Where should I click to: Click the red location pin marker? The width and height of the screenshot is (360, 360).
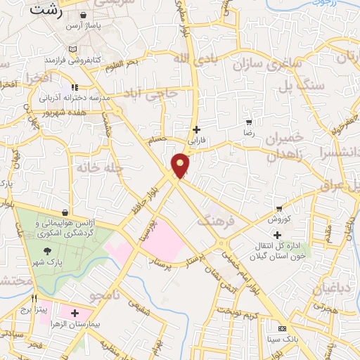pos(181,165)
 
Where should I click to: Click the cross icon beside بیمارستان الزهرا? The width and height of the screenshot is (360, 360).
pos(75,312)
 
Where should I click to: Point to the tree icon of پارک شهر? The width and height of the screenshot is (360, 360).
pos(47,251)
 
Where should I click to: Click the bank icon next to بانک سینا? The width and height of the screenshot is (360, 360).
pos(283,328)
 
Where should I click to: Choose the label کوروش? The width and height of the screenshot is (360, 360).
pos(279,219)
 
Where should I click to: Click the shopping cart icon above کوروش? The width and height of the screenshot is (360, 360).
pos(279,208)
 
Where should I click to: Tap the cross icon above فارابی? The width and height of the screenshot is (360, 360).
pos(196,129)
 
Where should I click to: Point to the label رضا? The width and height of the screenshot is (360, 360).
pos(248,132)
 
